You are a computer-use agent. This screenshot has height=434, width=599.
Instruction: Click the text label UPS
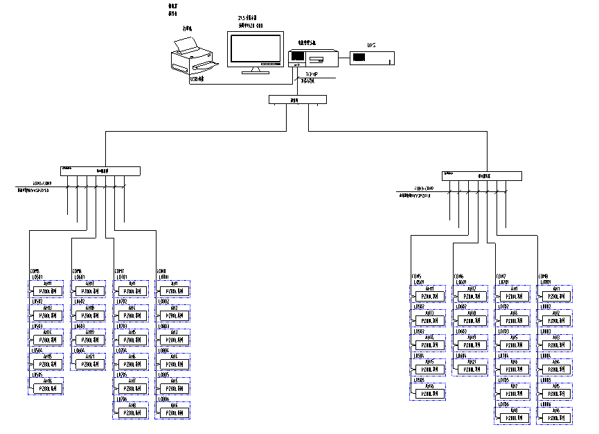tap(371, 46)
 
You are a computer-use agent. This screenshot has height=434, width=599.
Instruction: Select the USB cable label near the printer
tap(197, 80)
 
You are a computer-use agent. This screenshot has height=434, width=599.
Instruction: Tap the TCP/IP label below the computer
tap(312, 73)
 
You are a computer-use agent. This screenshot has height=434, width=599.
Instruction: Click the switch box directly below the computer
tap(297, 100)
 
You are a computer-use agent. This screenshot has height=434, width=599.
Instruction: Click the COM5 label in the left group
tap(35, 271)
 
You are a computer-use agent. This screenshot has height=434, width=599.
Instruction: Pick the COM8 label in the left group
tap(162, 271)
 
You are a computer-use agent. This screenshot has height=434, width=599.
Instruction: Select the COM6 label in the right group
tap(459, 276)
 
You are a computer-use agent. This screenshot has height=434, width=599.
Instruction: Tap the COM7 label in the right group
tap(501, 276)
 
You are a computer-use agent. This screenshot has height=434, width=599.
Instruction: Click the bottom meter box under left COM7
tap(130, 413)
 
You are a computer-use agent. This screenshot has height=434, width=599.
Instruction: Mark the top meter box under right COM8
tap(555, 296)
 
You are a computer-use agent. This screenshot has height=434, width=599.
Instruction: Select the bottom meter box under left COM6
tap(87, 365)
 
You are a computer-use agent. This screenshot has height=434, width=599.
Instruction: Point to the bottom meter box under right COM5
tap(430, 394)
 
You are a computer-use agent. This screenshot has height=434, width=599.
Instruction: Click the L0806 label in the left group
tap(165, 399)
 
